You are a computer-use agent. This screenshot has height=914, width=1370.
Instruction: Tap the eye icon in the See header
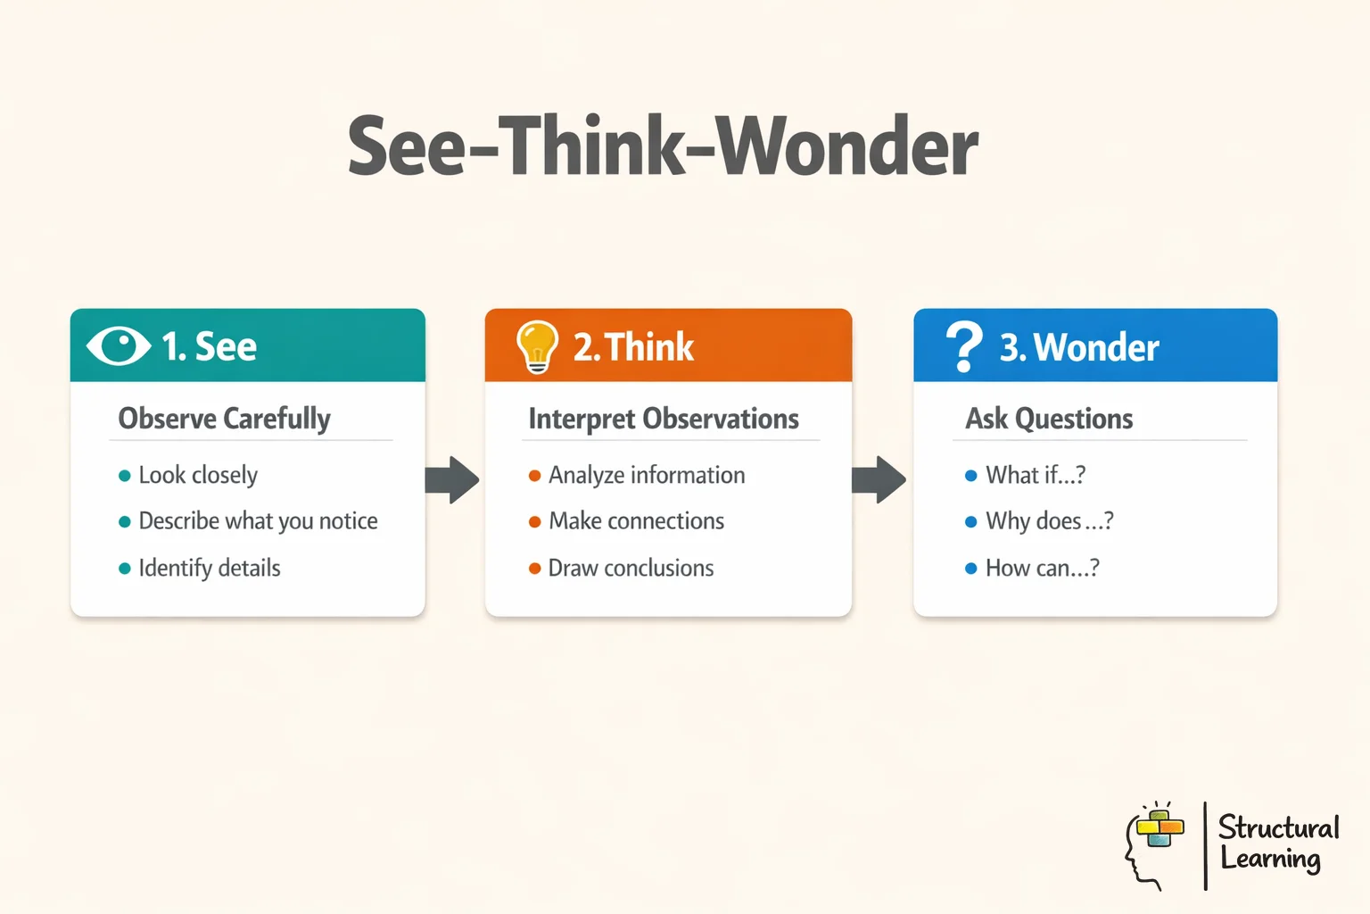(119, 346)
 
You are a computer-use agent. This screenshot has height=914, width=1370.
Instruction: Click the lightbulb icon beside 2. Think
(537, 346)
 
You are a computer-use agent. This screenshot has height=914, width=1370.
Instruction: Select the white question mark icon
(963, 346)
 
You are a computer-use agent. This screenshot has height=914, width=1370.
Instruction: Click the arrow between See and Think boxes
(452, 480)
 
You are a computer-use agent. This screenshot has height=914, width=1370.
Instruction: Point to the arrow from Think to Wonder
(879, 480)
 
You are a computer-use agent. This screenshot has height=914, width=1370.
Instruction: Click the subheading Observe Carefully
(224, 419)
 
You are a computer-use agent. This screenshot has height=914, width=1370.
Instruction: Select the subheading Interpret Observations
(664, 419)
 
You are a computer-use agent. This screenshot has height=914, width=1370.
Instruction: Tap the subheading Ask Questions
(1049, 419)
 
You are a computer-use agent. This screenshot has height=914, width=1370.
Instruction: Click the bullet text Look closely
(198, 475)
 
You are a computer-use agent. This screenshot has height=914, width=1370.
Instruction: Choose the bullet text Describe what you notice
(258, 521)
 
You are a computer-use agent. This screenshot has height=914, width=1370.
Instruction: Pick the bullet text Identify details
(210, 569)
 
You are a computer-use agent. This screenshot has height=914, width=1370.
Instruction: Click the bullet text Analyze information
(647, 475)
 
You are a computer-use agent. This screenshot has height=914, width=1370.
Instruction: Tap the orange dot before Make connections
(535, 522)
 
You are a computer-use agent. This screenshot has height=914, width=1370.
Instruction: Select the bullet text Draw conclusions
(631, 569)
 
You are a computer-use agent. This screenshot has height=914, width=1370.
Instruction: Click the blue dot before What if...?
(971, 476)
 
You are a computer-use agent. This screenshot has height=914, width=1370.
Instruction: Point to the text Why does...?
(1049, 521)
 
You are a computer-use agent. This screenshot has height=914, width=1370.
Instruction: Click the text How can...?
(1042, 569)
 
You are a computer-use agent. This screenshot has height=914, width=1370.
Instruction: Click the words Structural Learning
(1277, 843)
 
